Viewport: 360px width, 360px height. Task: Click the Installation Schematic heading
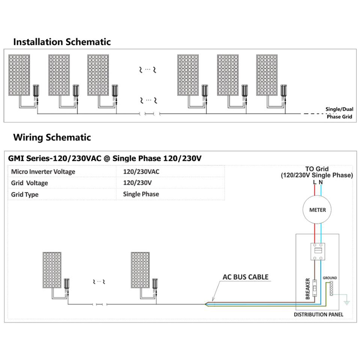click(x=62, y=42)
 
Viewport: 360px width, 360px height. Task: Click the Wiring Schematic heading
click(x=52, y=138)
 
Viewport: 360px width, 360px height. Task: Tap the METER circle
click(x=318, y=210)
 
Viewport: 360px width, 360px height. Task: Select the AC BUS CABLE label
click(x=246, y=277)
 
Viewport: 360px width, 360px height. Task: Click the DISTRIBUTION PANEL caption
click(x=318, y=314)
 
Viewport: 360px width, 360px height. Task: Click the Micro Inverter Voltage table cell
click(x=43, y=172)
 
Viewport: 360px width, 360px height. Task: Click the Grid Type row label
click(x=25, y=194)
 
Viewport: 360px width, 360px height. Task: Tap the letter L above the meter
click(x=314, y=182)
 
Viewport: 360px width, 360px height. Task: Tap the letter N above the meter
click(x=321, y=182)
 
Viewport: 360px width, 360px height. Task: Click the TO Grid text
click(x=316, y=169)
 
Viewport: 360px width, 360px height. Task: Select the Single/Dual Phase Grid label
click(x=339, y=113)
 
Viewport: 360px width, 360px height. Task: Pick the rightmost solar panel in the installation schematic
click(x=267, y=75)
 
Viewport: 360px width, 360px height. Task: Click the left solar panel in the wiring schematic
click(x=52, y=270)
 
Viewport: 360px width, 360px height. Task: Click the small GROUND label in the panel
click(x=330, y=278)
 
